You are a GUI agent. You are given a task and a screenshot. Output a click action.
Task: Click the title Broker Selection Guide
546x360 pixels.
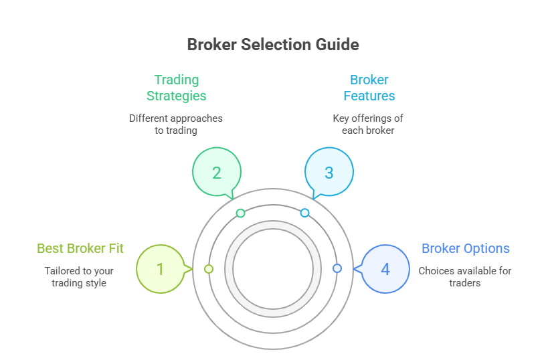[273, 45]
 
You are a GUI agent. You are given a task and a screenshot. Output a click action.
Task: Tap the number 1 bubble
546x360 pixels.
[160, 269]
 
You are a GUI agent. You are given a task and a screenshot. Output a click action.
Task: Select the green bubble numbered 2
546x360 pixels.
[216, 173]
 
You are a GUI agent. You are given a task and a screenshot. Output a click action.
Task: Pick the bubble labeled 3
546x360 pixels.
[329, 173]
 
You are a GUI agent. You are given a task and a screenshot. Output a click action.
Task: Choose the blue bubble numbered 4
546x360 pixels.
[385, 269]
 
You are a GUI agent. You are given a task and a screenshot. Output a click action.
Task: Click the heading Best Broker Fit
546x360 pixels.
[80, 249]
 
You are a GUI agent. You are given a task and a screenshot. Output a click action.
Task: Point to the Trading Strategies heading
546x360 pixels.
[177, 88]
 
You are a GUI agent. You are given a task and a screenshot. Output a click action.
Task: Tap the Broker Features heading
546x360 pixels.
[369, 88]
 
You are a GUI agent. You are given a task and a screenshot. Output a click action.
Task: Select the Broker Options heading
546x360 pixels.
[466, 249]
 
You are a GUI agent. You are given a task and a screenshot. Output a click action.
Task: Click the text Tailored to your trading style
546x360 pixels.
[79, 277]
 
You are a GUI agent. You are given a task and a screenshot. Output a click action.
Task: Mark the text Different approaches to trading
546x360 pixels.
[176, 124]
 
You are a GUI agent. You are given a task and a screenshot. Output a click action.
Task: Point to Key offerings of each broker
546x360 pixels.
[368, 124]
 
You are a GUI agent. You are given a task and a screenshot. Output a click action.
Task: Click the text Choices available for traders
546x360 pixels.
[465, 277]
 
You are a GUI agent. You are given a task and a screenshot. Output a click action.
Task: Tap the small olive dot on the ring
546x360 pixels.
[209, 268]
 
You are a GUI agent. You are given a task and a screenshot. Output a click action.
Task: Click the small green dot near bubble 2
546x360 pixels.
[241, 213]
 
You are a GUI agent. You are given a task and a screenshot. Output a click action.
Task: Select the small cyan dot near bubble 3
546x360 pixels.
[304, 213]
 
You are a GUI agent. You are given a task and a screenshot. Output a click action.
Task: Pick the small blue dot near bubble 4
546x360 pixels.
[337, 268]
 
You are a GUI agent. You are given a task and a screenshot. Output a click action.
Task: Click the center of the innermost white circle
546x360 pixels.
[273, 268]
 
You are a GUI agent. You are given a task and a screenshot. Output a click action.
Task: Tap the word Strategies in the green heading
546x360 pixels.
[177, 96]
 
